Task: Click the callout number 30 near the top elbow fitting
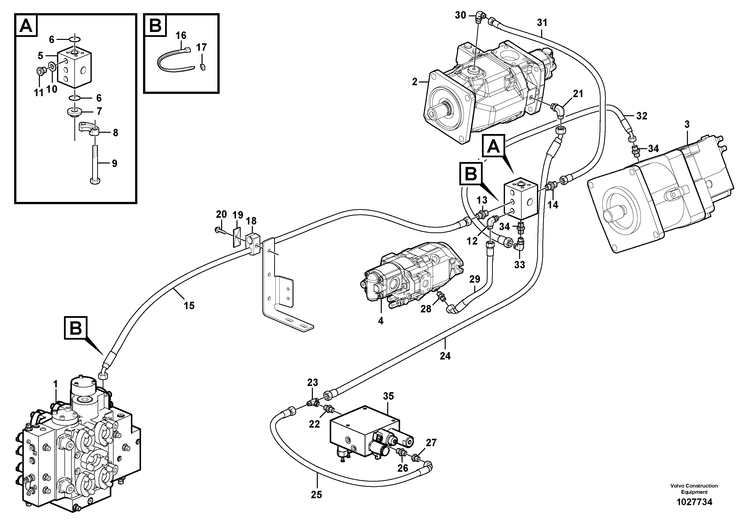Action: [460, 15]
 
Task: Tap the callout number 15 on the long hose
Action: [189, 305]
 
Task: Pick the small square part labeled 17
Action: [203, 67]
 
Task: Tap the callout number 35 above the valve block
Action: [388, 396]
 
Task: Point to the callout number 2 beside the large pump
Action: [415, 82]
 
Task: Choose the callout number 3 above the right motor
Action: [687, 124]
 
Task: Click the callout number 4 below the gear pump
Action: [381, 321]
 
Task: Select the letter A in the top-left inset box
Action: [26, 26]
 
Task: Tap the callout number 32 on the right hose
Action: [642, 116]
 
